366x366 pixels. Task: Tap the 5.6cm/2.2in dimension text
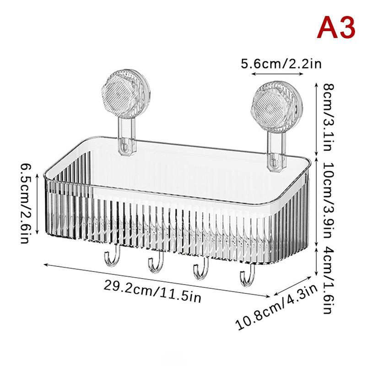coord(281,63)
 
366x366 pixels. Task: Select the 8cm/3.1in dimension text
coord(328,118)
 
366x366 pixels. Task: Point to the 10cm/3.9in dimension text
coord(328,200)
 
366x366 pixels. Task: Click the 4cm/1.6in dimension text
coord(329,280)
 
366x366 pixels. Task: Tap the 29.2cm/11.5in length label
coord(152,291)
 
